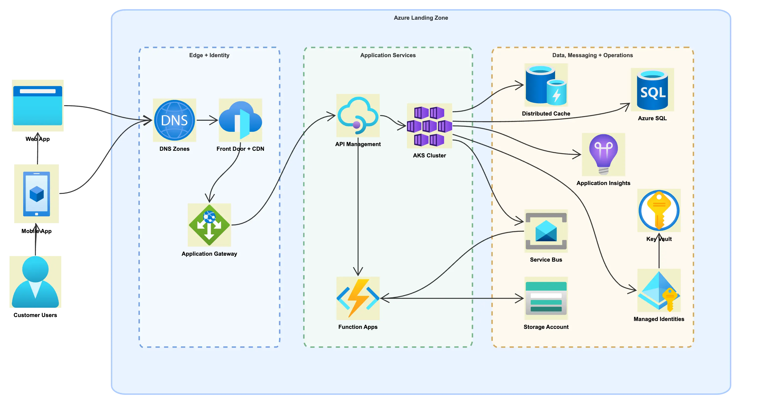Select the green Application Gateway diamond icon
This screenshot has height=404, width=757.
click(x=209, y=225)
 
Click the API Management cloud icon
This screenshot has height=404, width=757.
click(x=358, y=115)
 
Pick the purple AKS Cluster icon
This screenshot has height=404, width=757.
click(x=429, y=126)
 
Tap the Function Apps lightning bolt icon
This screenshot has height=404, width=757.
click(x=358, y=298)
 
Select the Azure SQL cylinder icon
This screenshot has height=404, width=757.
click(x=652, y=90)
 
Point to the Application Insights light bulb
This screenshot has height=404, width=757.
click(x=603, y=154)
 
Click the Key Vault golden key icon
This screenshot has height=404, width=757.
click(x=659, y=210)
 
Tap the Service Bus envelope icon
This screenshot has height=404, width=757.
click(x=546, y=231)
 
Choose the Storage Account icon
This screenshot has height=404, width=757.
click(x=546, y=298)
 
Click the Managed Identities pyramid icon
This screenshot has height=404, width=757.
click(x=659, y=290)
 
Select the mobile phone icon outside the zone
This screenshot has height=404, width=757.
click(x=36, y=194)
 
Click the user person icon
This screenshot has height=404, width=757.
click(x=35, y=282)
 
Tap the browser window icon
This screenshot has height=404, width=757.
click(x=38, y=105)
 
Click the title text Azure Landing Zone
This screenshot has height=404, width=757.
click(x=421, y=18)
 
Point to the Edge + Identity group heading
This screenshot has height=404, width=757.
click(x=209, y=55)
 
